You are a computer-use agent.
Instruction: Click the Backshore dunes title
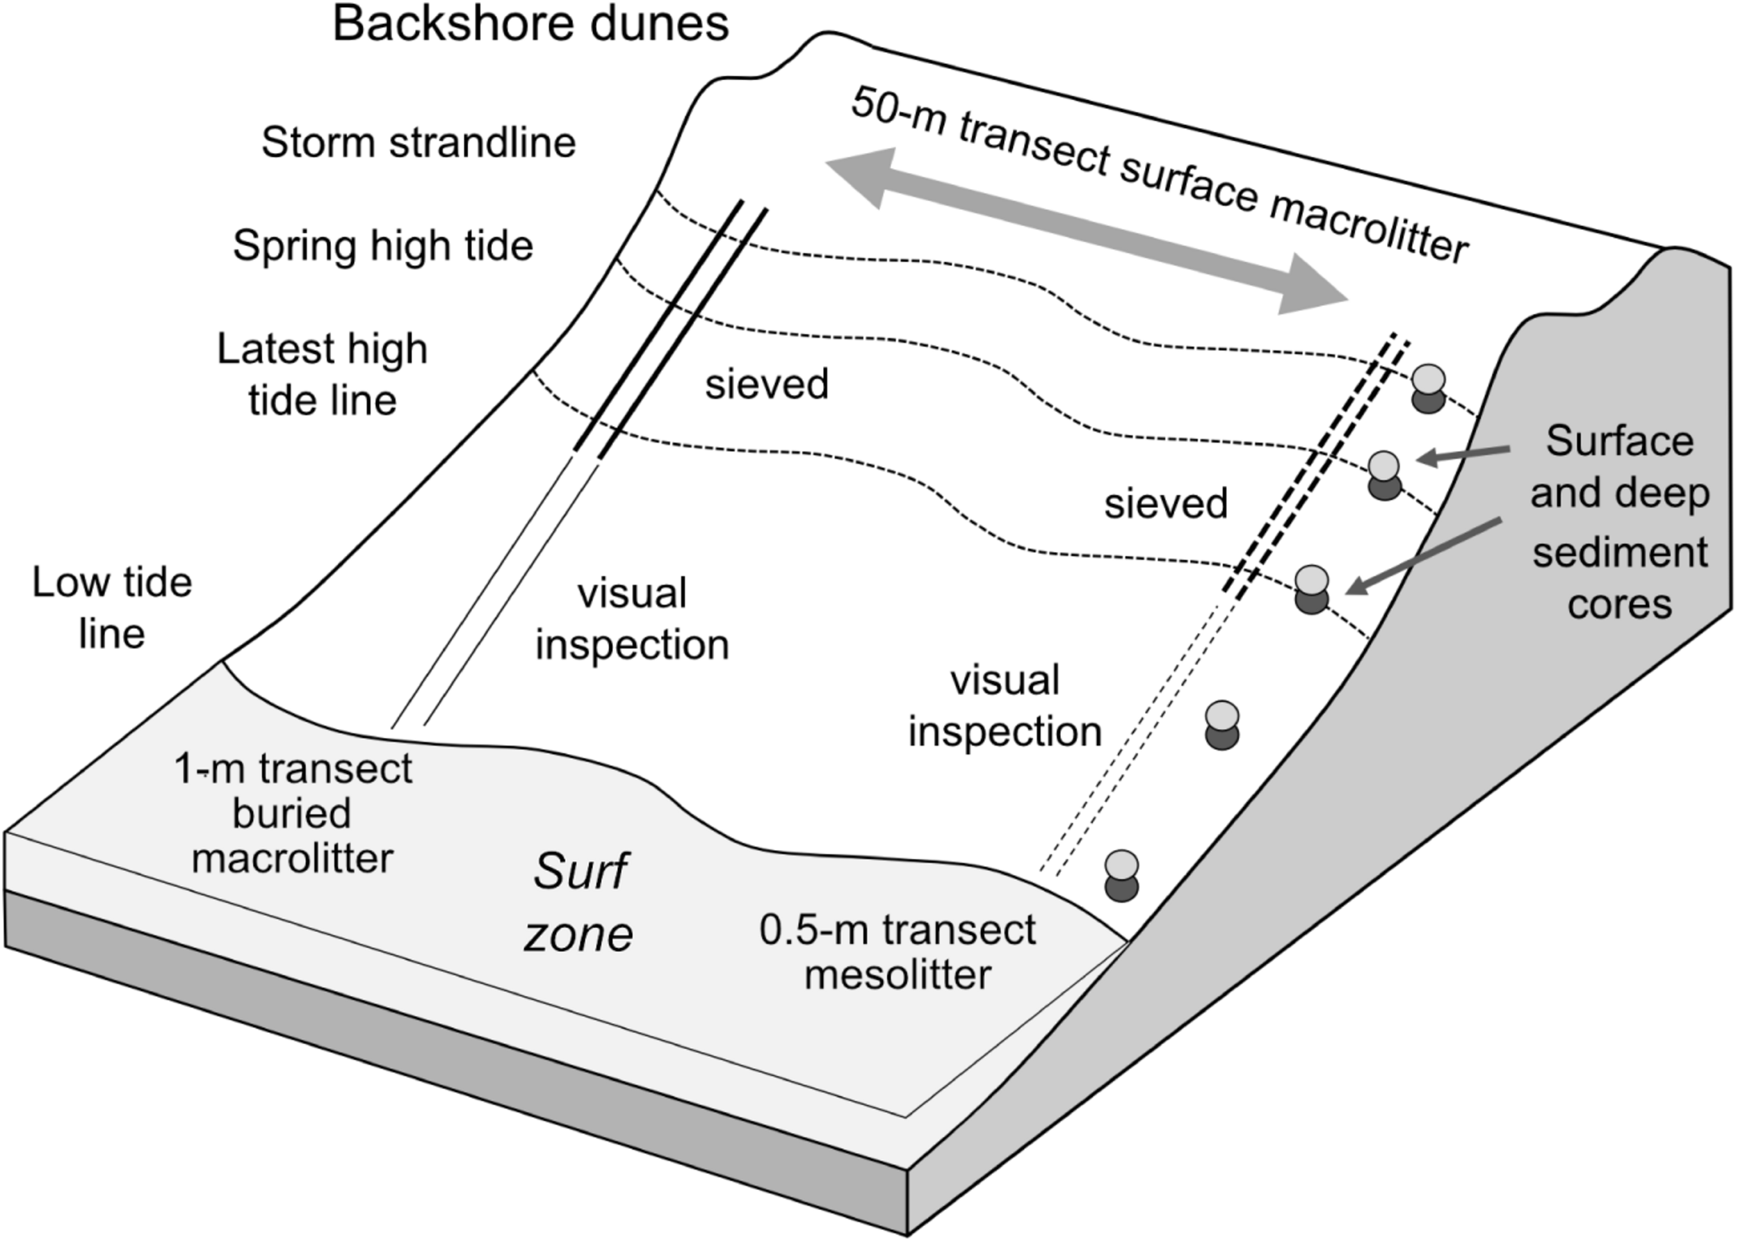[530, 24]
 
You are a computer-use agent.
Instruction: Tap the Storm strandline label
[419, 143]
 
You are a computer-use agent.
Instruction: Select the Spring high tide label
[382, 246]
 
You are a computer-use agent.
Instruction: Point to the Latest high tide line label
[322, 375]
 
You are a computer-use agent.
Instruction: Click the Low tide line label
[112, 608]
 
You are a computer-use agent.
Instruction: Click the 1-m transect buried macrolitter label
[292, 813]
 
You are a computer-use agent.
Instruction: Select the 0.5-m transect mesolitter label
[898, 953]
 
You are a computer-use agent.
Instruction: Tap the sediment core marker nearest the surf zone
[1121, 876]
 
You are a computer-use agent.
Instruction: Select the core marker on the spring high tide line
[1384, 475]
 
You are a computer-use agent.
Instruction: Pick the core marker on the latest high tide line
[1312, 589]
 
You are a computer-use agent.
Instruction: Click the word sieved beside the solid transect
[767, 384]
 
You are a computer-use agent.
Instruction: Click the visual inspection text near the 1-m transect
[632, 619]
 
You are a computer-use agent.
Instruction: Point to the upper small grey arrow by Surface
[1463, 455]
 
